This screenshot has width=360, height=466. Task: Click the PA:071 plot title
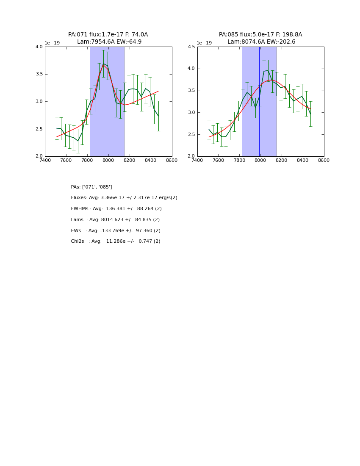click(108, 35)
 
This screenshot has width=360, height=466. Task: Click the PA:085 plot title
click(260, 35)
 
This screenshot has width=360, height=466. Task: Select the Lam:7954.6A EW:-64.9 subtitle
click(109, 42)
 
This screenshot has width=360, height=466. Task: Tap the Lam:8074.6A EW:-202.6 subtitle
click(261, 42)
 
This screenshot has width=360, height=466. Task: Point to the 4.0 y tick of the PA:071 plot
click(39, 47)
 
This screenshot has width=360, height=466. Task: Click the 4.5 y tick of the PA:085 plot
click(191, 47)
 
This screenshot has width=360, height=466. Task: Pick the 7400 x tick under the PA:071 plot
click(45, 160)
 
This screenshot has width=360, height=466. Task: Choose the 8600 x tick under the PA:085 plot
click(324, 160)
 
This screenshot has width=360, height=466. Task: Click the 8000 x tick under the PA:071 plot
click(108, 160)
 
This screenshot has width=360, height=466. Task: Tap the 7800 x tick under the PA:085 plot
click(239, 160)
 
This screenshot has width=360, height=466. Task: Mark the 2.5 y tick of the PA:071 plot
click(39, 129)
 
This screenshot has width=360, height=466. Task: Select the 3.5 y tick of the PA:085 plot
click(191, 91)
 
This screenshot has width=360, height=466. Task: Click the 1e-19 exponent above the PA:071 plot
click(52, 43)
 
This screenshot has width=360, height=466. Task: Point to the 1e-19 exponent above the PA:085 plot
click(204, 43)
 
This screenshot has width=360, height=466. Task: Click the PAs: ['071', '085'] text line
click(91, 187)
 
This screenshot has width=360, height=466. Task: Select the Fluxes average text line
click(124, 198)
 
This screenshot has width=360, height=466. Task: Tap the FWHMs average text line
click(116, 209)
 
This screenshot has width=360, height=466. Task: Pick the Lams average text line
click(115, 220)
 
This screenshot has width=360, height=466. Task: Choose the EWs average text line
click(116, 231)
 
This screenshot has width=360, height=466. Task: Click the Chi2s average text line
click(116, 241)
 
